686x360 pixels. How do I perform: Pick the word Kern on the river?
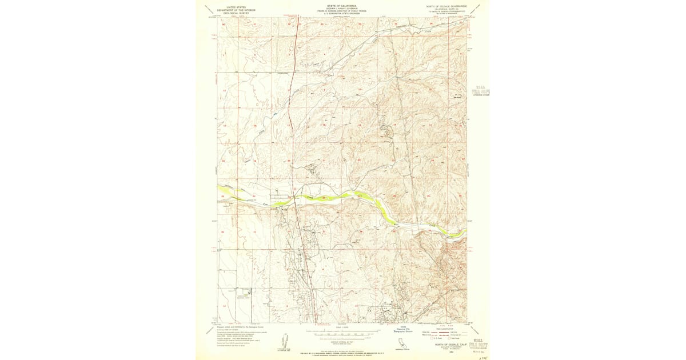click(265, 204)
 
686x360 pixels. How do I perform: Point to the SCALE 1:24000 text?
click(342, 327)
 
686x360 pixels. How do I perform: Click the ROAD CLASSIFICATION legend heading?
click(444, 329)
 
